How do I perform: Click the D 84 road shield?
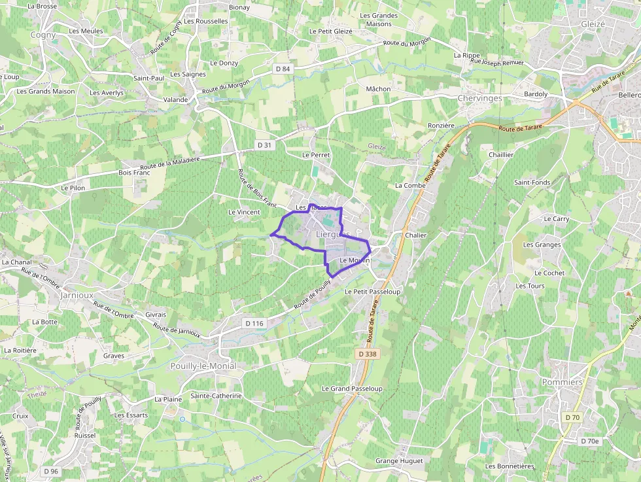pos(283,69)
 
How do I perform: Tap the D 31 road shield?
pos(264,145)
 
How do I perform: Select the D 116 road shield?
pos(254,323)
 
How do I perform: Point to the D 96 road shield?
pos(51,471)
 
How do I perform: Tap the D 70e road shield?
pos(590,441)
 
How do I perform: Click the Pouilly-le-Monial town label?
pos(203,366)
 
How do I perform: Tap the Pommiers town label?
pos(562,382)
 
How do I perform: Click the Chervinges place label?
pos(479,98)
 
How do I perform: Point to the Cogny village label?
pos(43,35)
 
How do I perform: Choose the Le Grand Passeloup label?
pos(352,388)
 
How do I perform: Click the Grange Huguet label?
pos(399,461)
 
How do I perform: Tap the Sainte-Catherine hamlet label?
pos(216,396)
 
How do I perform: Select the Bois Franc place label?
pos(134,173)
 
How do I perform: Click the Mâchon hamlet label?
pos(378,89)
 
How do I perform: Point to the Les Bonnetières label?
pos(510,466)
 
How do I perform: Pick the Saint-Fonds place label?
pos(532,182)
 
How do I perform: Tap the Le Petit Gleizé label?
pos(330,31)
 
